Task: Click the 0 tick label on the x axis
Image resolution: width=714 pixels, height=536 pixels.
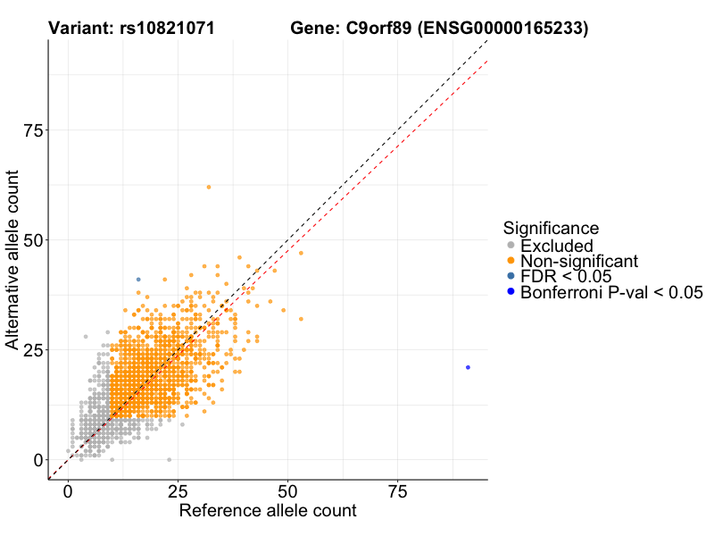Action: tap(69, 491)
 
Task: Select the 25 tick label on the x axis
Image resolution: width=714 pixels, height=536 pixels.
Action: tap(178, 491)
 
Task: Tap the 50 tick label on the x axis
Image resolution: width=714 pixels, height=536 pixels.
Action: tap(288, 491)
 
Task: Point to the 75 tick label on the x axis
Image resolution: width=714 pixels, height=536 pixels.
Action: tap(398, 491)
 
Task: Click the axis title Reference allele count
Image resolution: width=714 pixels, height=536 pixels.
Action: tap(268, 511)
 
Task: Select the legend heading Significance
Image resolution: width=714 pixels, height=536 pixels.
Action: tap(551, 228)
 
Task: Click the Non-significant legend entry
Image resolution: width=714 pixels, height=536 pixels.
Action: tap(579, 261)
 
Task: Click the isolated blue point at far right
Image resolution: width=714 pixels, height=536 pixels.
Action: tap(468, 367)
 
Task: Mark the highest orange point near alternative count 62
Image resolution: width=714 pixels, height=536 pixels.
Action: tap(209, 187)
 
